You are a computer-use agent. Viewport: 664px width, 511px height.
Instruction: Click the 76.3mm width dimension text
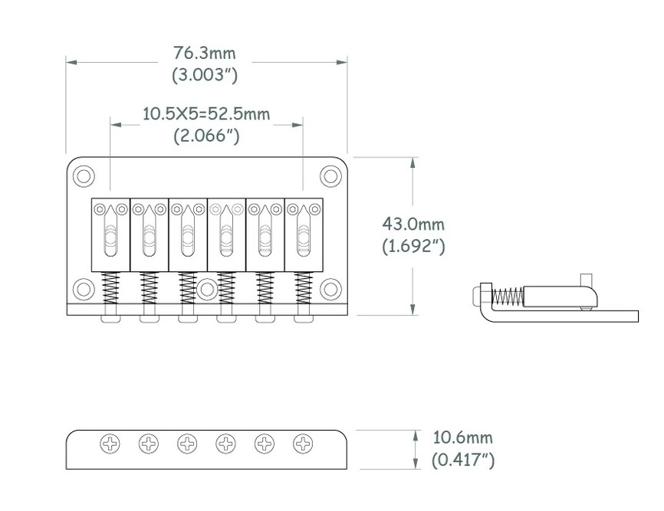tap(204, 54)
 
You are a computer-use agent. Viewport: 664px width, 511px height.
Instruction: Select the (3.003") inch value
tap(205, 75)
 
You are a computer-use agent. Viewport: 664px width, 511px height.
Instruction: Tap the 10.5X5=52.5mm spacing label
tap(206, 114)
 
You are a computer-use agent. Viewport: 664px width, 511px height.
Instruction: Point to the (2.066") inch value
tap(206, 136)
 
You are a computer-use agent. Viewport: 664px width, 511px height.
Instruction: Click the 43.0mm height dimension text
tap(413, 224)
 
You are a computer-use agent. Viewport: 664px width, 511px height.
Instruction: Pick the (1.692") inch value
tap(413, 246)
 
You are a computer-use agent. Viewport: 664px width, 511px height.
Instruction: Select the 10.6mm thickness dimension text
tap(462, 437)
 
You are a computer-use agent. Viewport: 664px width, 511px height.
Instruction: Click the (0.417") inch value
tap(463, 460)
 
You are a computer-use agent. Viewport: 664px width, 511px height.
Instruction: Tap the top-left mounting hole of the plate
tap(84, 176)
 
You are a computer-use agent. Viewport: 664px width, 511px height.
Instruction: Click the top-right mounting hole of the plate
tap(330, 176)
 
